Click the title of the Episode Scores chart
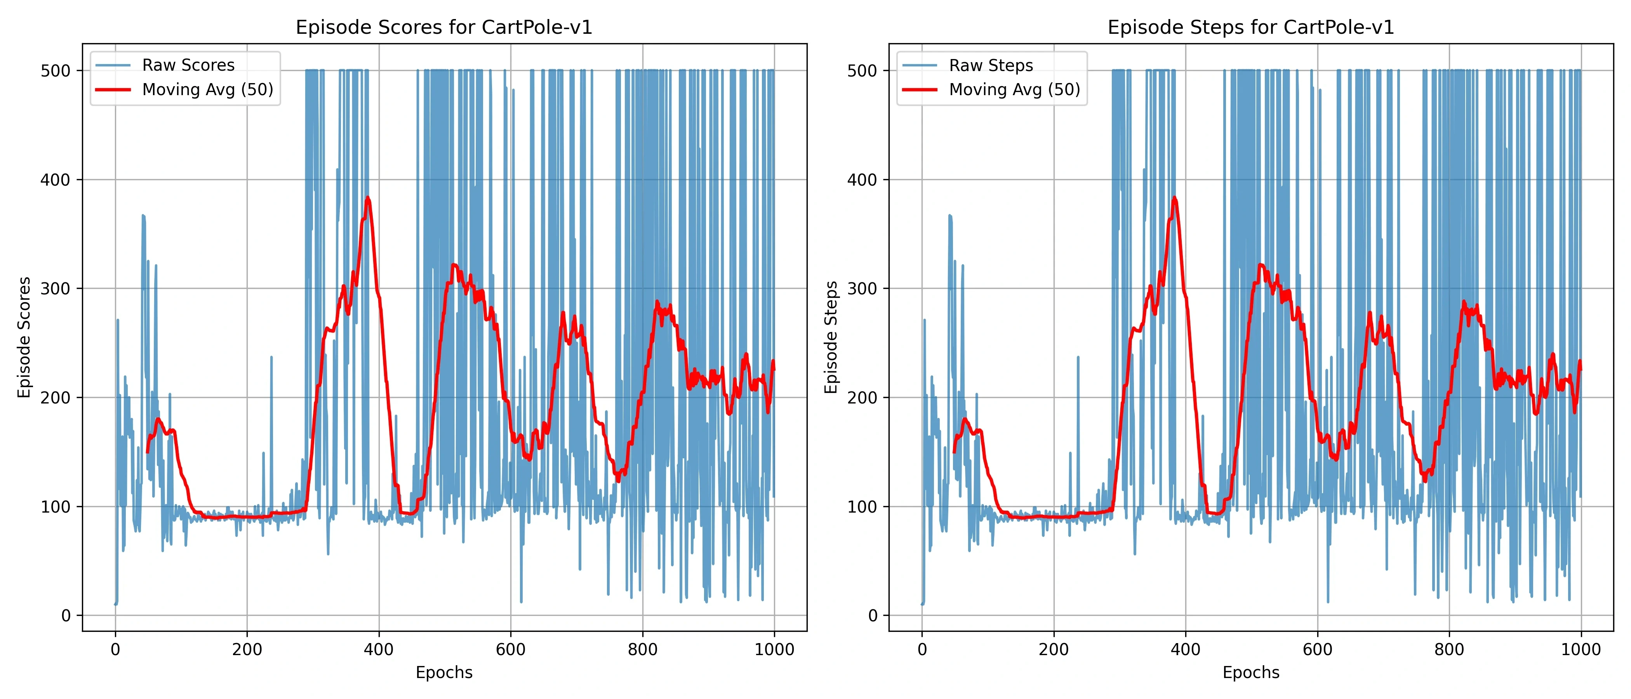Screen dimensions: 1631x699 pos(444,27)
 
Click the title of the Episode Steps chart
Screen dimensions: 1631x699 pos(1250,27)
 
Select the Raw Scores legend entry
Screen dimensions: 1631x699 pos(188,65)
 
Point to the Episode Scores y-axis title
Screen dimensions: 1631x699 pos(24,337)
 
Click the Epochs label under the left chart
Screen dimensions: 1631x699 pos(444,673)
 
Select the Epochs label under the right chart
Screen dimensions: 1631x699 pos(1250,673)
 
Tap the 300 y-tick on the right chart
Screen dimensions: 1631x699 pos(862,289)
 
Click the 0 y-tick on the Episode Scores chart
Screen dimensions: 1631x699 pos(66,616)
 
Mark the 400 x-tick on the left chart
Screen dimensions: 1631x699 pos(379,650)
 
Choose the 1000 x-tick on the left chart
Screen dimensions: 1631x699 pos(774,650)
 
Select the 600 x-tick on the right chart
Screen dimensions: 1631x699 pos(1318,650)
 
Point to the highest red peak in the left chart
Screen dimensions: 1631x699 pos(368,198)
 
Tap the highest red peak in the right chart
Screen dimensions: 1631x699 pos(1174,198)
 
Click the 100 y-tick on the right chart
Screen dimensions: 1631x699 pos(862,506)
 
